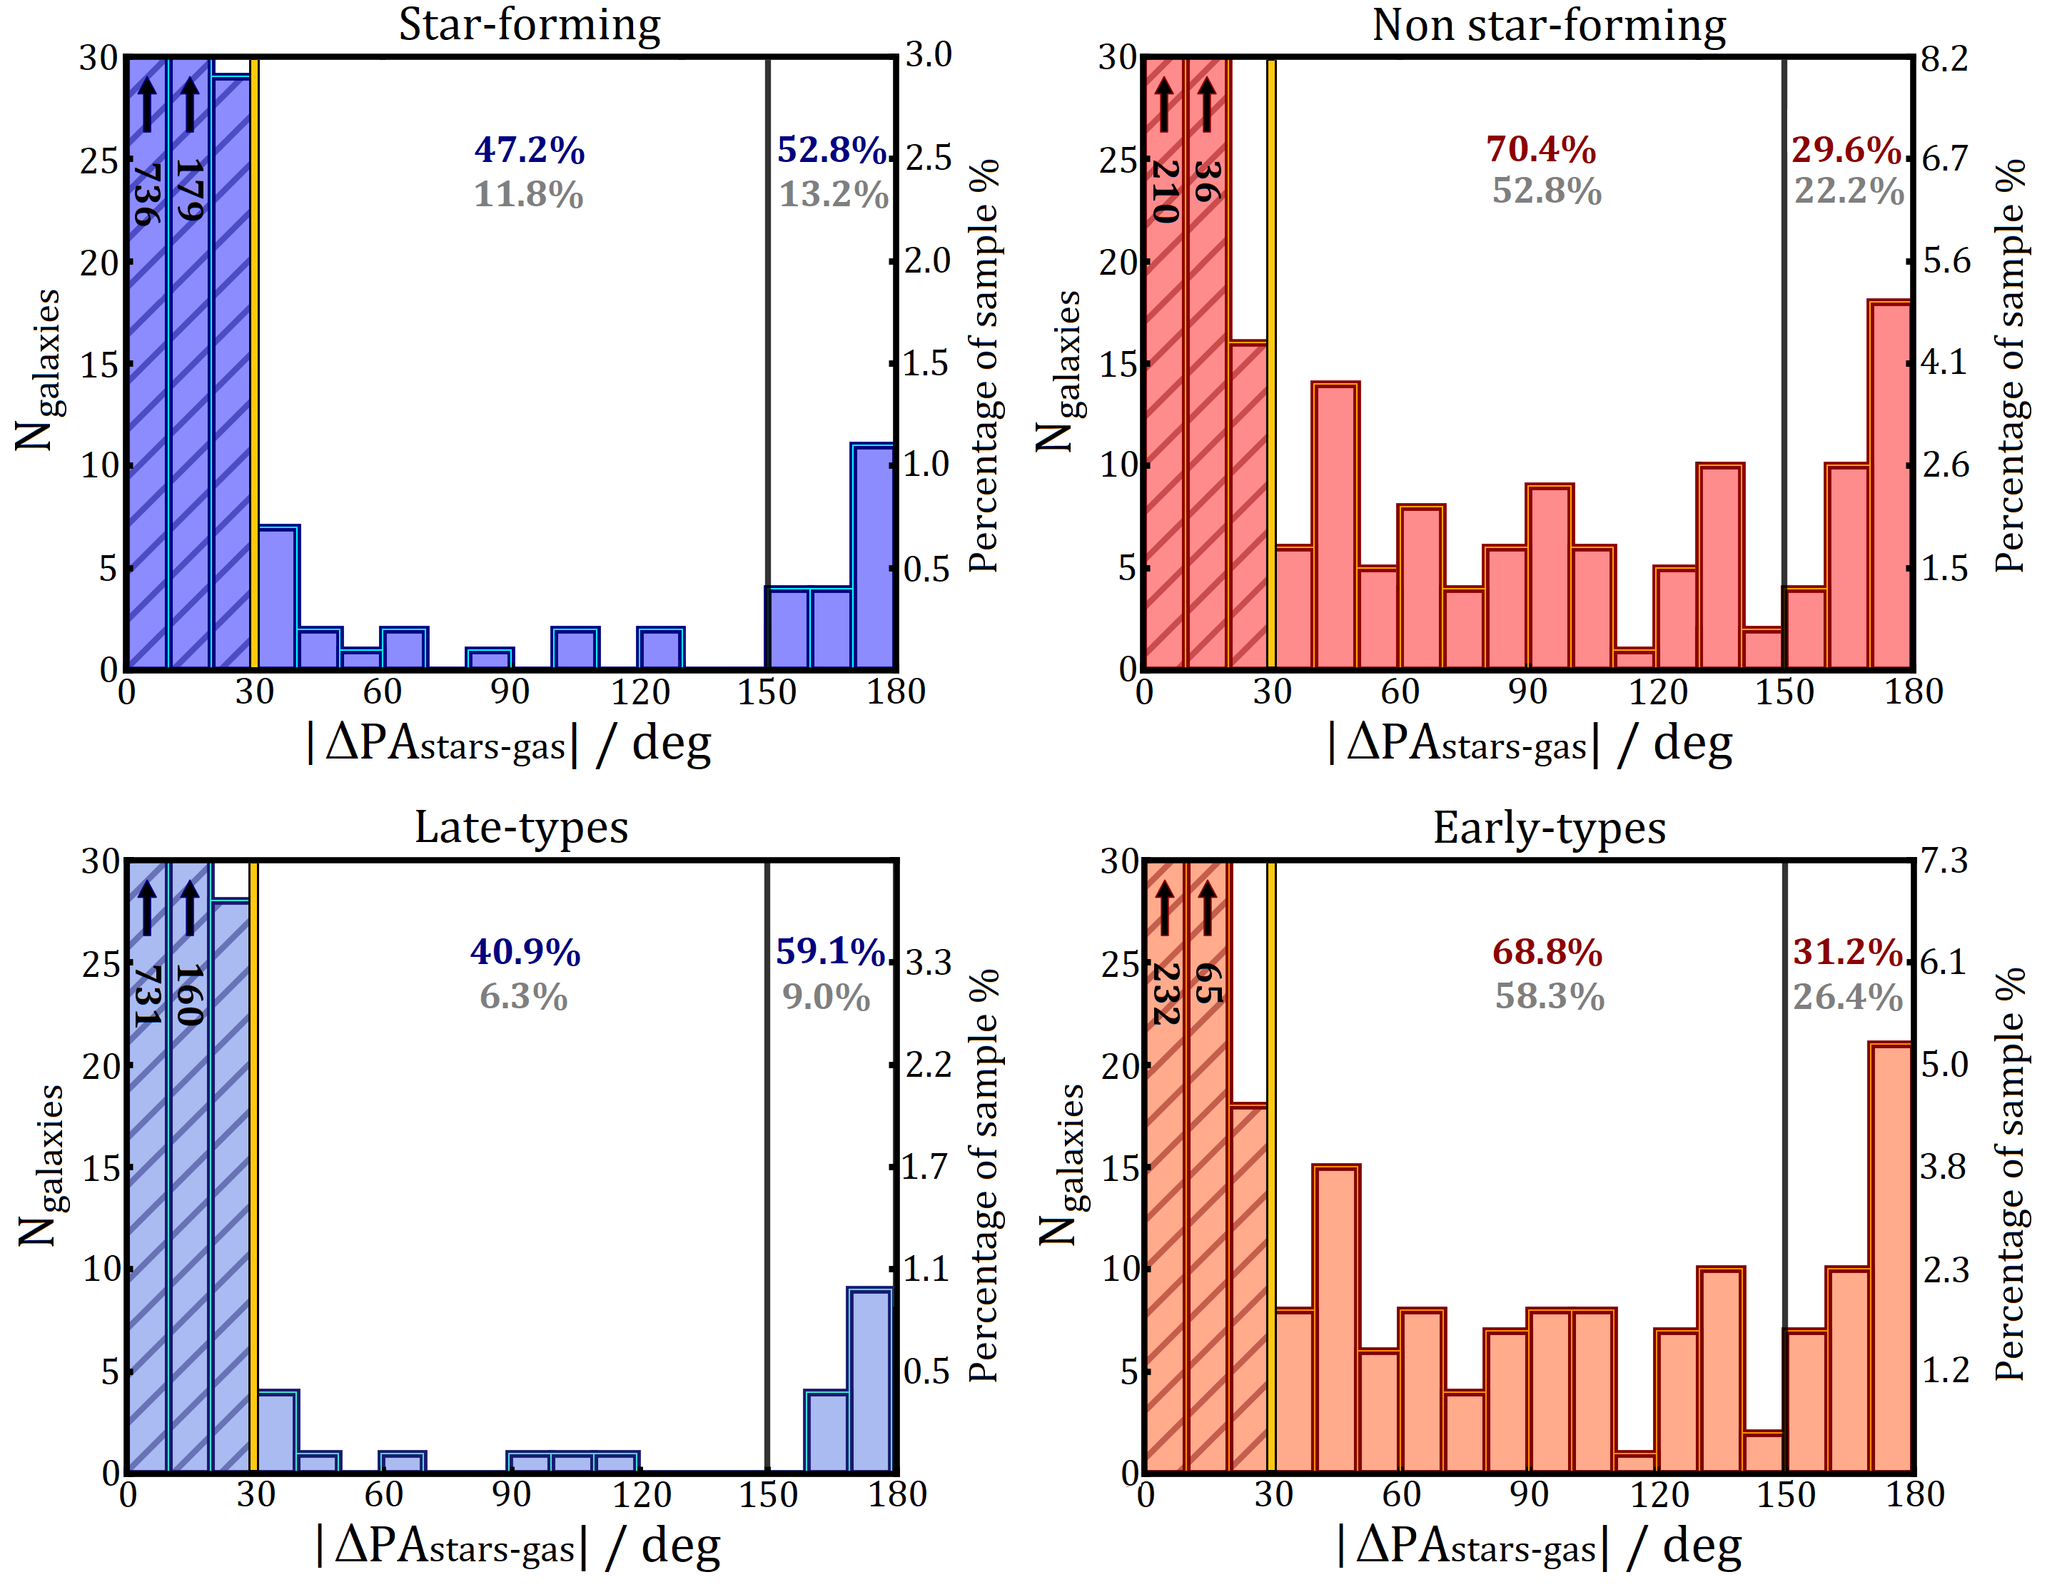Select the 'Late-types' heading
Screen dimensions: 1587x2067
point(522,828)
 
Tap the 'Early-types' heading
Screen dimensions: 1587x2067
point(1550,828)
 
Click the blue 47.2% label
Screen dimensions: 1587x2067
point(529,149)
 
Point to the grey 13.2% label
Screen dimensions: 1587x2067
point(833,195)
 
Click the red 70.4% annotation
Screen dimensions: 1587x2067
point(1541,149)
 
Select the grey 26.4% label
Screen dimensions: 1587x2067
point(1848,997)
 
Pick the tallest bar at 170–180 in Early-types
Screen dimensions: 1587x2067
point(1889,1257)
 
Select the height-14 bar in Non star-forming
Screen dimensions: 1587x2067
point(1336,525)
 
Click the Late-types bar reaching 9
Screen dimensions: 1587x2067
point(870,1380)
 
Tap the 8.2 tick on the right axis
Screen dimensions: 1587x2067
point(1944,59)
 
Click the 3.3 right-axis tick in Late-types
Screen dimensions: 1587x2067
point(928,963)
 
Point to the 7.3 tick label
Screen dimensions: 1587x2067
point(1944,861)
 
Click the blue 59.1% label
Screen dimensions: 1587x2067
point(830,951)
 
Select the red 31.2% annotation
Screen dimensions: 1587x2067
point(1848,951)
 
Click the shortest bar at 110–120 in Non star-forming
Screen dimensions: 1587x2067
point(1635,659)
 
